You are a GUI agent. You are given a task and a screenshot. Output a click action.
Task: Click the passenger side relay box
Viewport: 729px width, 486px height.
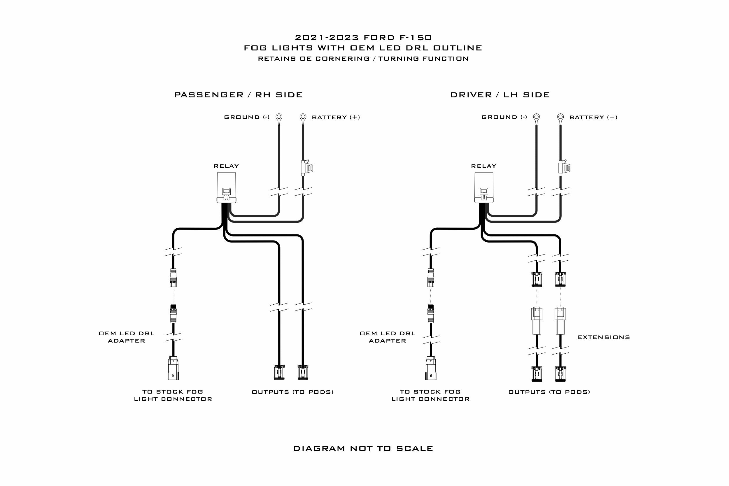coord(226,188)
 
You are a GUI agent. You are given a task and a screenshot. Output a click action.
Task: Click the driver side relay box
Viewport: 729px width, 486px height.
coord(484,188)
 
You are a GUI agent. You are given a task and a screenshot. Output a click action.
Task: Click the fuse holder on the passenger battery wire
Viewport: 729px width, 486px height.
coord(306,168)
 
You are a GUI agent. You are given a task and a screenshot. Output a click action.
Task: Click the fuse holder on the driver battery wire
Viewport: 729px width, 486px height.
coord(564,168)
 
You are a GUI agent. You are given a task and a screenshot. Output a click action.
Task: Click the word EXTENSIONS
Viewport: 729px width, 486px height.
coord(604,337)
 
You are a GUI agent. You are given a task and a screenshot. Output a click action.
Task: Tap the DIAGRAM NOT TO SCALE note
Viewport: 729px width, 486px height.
coord(363,448)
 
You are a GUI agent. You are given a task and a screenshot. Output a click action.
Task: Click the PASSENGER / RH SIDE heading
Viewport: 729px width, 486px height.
coord(238,95)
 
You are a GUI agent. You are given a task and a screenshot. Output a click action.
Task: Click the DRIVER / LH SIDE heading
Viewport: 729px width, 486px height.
coord(500,95)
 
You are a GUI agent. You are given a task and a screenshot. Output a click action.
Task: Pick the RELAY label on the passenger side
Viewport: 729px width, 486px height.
coord(226,166)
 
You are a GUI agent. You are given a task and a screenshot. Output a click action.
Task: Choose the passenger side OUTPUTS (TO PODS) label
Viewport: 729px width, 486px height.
coord(292,392)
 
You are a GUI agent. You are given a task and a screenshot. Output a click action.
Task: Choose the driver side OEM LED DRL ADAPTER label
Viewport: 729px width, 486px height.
coord(388,337)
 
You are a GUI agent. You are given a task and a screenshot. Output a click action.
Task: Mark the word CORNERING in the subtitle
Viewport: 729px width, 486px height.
coord(343,59)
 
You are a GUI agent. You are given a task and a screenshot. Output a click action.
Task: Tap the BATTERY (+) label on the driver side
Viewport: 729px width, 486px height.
coord(593,117)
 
